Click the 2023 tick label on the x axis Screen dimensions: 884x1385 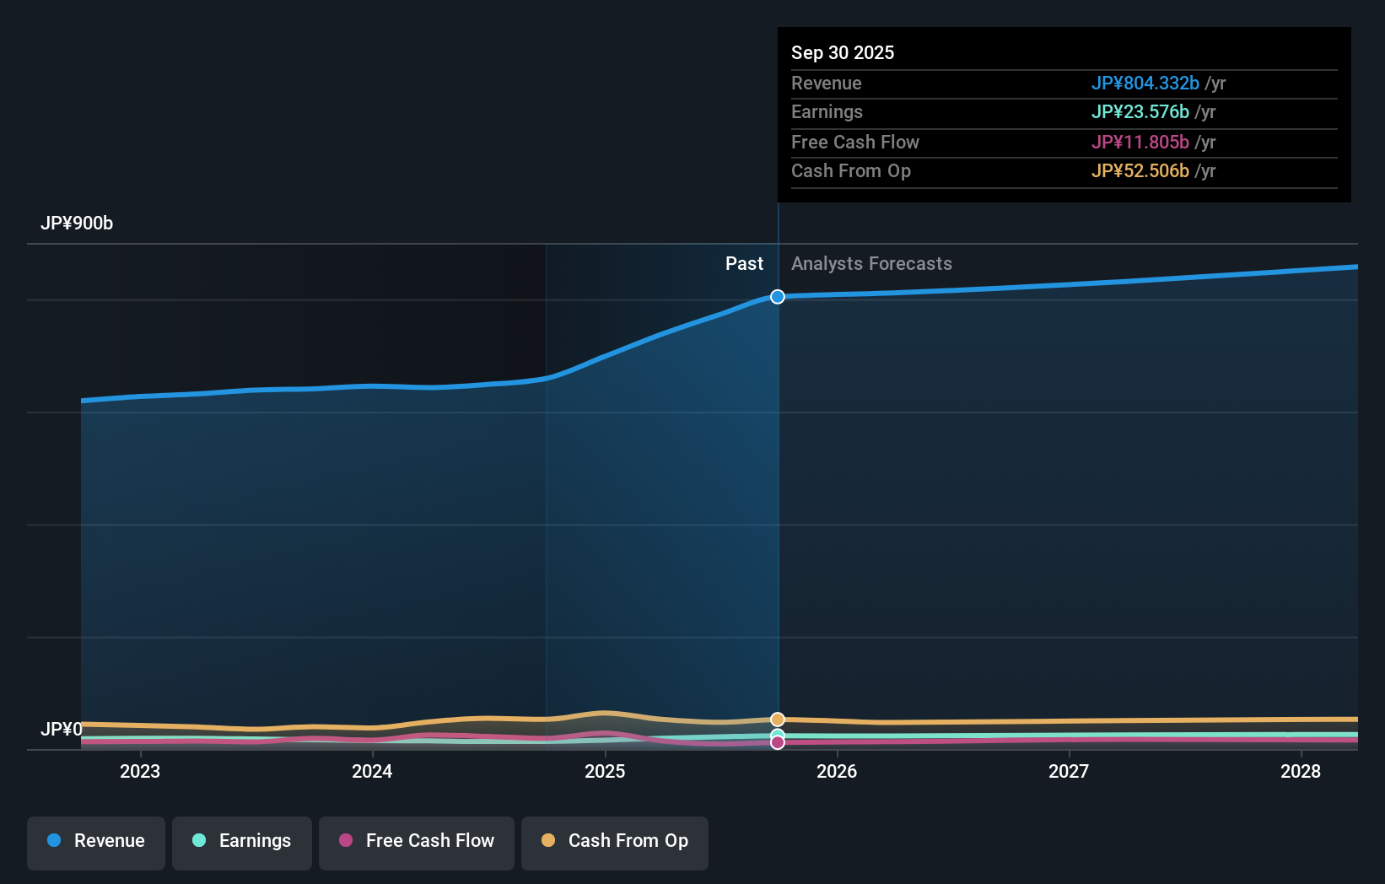click(140, 771)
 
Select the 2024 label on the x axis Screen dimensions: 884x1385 click(372, 771)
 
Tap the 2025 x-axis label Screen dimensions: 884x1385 click(605, 771)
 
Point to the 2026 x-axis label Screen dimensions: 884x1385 click(837, 771)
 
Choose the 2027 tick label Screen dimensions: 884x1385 click(1069, 771)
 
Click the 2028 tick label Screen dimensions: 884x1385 click(1301, 771)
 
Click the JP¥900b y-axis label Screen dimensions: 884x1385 click(77, 224)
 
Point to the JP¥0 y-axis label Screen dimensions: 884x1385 click(62, 729)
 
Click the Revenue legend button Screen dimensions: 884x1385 click(96, 841)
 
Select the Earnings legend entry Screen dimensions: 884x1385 click(242, 841)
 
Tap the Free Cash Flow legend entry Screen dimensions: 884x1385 click(417, 841)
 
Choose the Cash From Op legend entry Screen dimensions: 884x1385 click(615, 841)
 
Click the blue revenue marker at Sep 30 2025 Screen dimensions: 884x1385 click(778, 297)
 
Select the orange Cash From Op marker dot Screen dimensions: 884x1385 click(778, 720)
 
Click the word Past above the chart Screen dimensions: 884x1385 click(744, 264)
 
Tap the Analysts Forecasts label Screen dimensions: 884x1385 click(871, 264)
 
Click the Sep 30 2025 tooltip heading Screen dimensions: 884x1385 click(843, 52)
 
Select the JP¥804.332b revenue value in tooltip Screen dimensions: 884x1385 click(1145, 83)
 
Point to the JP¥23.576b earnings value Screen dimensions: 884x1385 click(1140, 112)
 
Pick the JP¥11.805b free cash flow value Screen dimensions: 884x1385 click(1140, 142)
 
